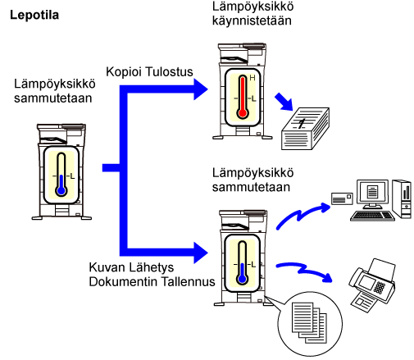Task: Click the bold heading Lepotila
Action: tap(34, 16)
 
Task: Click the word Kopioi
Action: tap(124, 72)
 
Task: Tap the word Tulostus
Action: tap(169, 72)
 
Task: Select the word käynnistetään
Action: tap(252, 21)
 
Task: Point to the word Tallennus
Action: tap(188, 281)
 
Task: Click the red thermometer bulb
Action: tap(243, 113)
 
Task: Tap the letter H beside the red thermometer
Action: tap(252, 78)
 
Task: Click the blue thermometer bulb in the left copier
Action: tap(61, 190)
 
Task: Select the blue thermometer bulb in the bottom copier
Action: tap(242, 279)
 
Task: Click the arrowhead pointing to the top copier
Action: tap(201, 89)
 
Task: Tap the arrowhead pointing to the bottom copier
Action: tap(201, 253)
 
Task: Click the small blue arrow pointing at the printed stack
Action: tap(284, 102)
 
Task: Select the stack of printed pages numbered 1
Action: tap(305, 129)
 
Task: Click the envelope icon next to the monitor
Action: tap(342, 198)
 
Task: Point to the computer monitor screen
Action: tap(372, 191)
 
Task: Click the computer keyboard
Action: tap(372, 216)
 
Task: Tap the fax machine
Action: tap(372, 285)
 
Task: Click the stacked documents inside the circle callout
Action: tap(309, 323)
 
